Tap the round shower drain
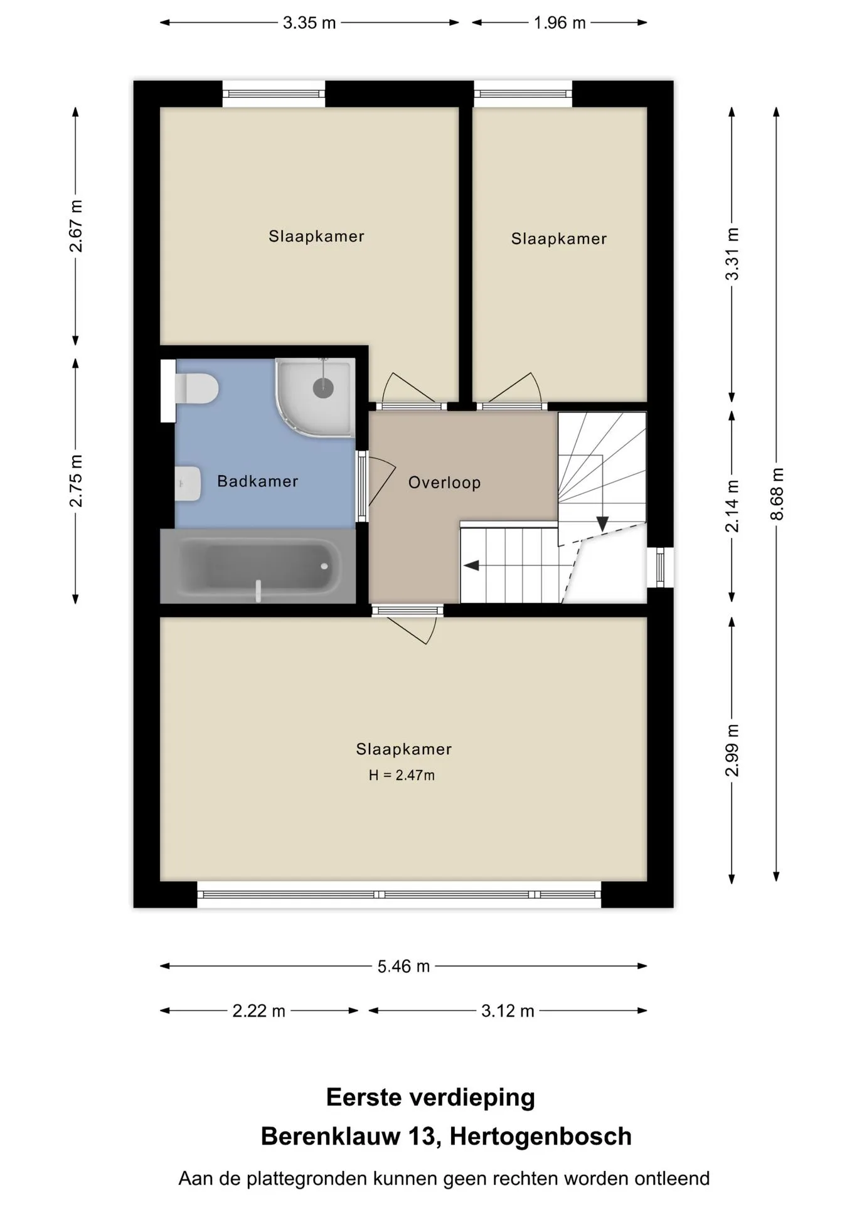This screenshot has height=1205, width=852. tap(323, 388)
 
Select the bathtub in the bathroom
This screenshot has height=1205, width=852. tap(257, 566)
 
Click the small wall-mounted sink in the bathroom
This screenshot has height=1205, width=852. tap(188, 484)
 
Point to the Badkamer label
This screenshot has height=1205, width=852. tap(257, 481)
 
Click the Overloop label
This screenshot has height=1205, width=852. tap(444, 483)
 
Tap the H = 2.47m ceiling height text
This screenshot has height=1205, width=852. tap(402, 775)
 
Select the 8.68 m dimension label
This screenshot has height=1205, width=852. tap(777, 494)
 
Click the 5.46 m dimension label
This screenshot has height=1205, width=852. tap(403, 966)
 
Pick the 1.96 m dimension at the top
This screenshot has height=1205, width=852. tap(560, 23)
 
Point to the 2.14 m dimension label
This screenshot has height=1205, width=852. tap(732, 506)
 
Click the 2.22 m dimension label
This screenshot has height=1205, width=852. tap(258, 1011)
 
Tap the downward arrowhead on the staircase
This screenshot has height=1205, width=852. tap(602, 524)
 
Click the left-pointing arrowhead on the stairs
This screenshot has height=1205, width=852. tap(471, 565)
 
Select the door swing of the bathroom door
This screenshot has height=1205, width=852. tap(381, 482)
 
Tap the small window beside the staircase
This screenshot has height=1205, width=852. tap(660, 567)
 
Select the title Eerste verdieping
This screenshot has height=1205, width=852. tap(430, 1098)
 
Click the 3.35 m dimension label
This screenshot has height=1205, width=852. tap(309, 23)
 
